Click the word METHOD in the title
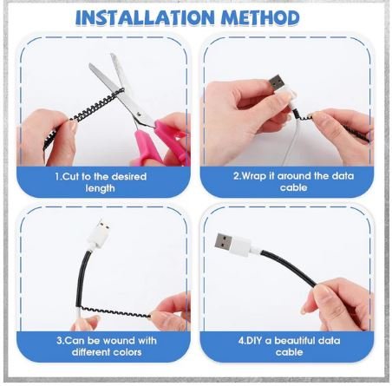click(261, 17)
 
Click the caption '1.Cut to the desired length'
click(101, 181)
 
